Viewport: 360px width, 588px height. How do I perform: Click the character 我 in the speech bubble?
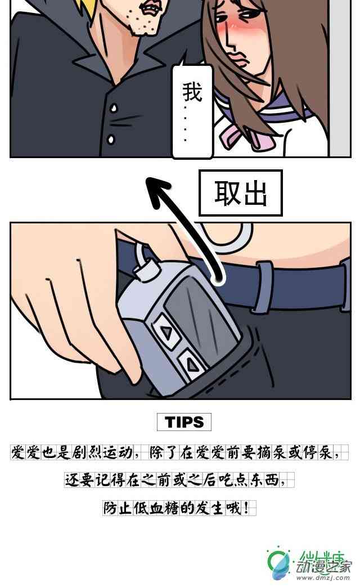pos(192,92)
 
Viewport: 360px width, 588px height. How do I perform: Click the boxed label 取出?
pos(240,193)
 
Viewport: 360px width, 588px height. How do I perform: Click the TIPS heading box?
pos(184,422)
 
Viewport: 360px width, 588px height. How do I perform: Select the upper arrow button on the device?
pos(166,331)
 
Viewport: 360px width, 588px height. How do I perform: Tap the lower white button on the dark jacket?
pos(111,140)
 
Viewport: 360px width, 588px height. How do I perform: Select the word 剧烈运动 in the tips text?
pos(102,452)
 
